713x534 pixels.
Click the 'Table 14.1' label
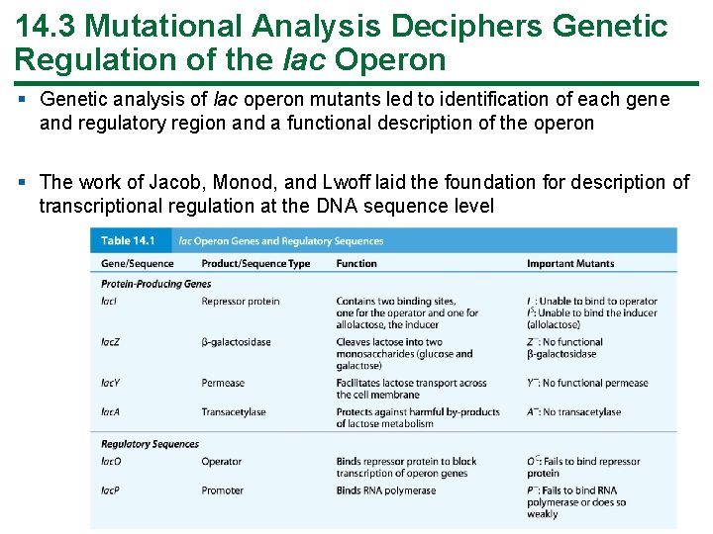pyautogui.click(x=130, y=240)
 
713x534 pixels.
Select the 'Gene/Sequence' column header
pyautogui.click(x=137, y=263)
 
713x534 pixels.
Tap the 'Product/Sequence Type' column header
pyautogui.click(x=255, y=263)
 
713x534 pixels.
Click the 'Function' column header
pyautogui.click(x=356, y=263)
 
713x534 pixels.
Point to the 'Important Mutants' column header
pyautogui.click(x=570, y=263)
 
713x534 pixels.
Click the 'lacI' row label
pyautogui.click(x=109, y=302)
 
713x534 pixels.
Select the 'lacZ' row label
pyautogui.click(x=110, y=342)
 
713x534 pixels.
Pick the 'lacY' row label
pyautogui.click(x=110, y=383)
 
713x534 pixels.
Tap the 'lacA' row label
pyautogui.click(x=110, y=412)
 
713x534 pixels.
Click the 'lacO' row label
pyautogui.click(x=111, y=461)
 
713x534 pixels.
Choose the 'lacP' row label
pyautogui.click(x=110, y=490)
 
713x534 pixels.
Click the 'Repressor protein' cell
pyautogui.click(x=241, y=302)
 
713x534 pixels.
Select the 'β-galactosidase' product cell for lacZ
pyautogui.click(x=236, y=342)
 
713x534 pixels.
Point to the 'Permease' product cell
pyautogui.click(x=223, y=383)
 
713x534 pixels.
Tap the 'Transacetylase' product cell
pyautogui.click(x=234, y=412)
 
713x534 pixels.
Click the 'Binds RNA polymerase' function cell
pyautogui.click(x=386, y=490)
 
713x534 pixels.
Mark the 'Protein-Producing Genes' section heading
pyautogui.click(x=155, y=284)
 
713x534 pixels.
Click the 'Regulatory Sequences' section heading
pyautogui.click(x=150, y=444)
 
